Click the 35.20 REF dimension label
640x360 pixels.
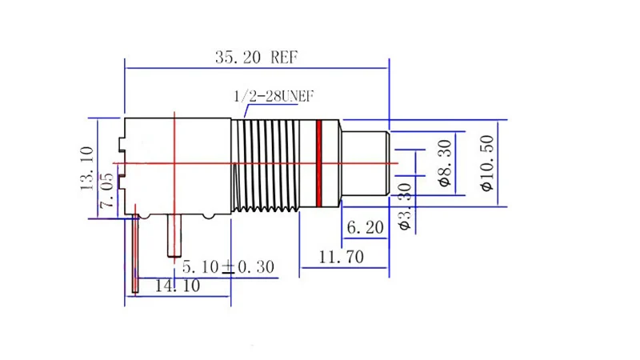click(256, 57)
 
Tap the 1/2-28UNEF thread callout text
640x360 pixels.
click(274, 96)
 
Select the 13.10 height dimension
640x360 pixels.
click(87, 168)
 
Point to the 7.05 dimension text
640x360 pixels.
click(106, 190)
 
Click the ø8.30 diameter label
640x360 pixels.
click(445, 163)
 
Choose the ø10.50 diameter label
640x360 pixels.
click(487, 163)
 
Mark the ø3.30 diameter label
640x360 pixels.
click(405, 207)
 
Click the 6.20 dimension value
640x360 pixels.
click(366, 227)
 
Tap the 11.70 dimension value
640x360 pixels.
click(342, 257)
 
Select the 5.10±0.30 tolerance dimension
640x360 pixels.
click(228, 267)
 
